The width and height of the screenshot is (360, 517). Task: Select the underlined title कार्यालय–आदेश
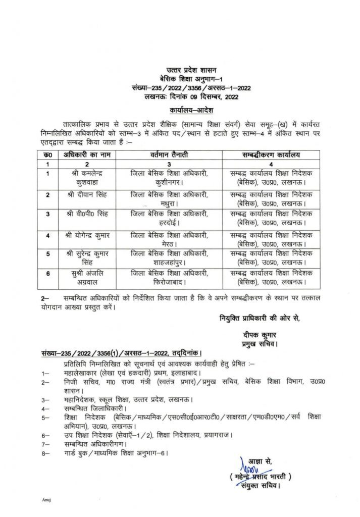click(x=189, y=109)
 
